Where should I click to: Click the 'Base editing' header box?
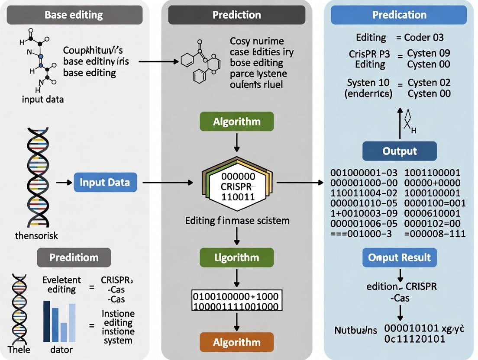(x=74, y=15)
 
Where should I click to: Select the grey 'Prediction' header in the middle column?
(x=236, y=15)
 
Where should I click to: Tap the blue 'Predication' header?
(x=399, y=15)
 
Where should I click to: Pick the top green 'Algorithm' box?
(x=236, y=122)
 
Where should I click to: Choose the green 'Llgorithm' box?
(x=236, y=257)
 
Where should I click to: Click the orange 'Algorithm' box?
(x=236, y=342)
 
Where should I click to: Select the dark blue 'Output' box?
(x=399, y=151)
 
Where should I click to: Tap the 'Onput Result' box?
(x=399, y=257)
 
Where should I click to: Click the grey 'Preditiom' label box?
(x=74, y=257)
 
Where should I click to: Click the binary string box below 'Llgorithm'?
(x=236, y=301)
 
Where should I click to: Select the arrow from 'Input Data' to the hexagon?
(x=168, y=183)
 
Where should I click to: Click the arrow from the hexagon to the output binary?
(x=300, y=183)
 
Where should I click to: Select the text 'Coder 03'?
(x=424, y=38)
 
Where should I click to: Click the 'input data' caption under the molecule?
(x=43, y=100)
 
